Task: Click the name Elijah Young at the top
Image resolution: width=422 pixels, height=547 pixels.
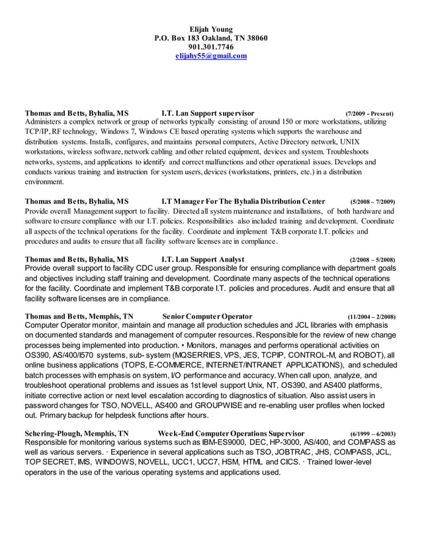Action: (210, 29)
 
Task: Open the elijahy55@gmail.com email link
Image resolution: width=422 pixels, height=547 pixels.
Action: (210, 56)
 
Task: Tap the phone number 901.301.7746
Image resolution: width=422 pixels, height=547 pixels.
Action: (210, 47)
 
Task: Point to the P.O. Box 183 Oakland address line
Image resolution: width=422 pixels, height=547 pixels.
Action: (210, 38)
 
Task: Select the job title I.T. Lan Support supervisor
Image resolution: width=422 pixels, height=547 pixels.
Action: (208, 113)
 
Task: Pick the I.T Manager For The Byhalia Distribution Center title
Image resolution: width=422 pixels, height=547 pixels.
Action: (243, 201)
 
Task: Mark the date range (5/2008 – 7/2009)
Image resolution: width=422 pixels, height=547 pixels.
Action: (372, 202)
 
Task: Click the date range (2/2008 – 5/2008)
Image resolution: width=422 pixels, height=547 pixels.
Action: (372, 260)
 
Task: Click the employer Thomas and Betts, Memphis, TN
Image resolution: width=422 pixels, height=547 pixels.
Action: (79, 316)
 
